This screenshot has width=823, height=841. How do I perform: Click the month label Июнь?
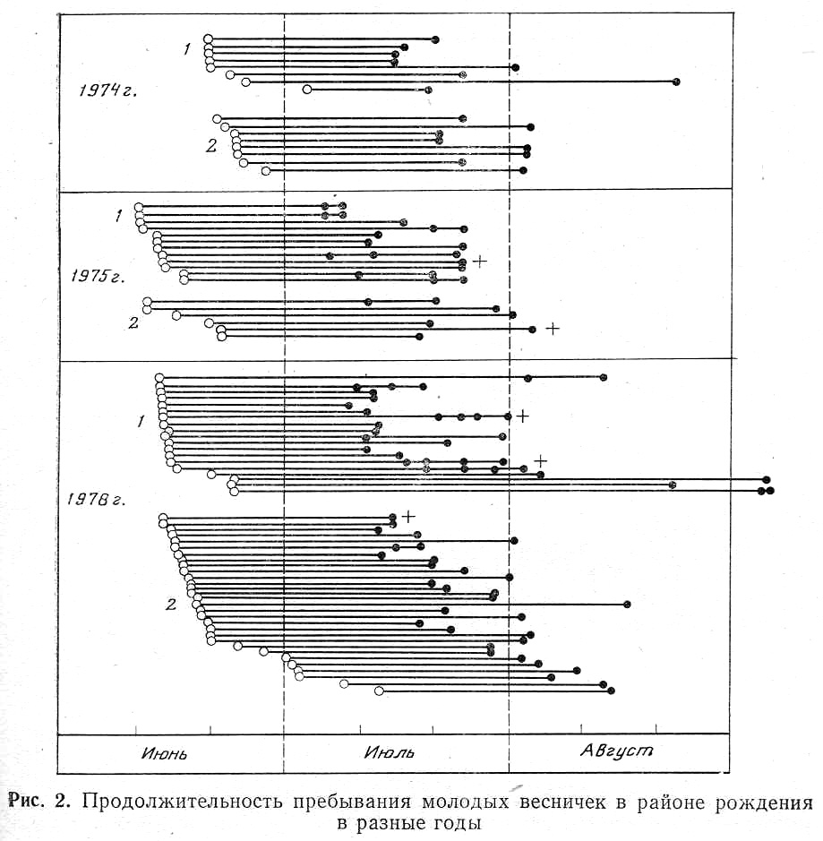pos(164,753)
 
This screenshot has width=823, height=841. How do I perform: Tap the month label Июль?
pos(390,752)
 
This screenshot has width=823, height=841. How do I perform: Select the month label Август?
pos(617,751)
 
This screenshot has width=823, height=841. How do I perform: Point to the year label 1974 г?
pos(107,90)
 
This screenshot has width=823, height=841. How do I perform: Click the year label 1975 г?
pos(98,277)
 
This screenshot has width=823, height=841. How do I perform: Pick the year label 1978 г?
pos(96,500)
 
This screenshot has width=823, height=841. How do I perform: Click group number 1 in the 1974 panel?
pos(186,49)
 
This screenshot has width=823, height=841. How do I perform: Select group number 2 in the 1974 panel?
pos(211,145)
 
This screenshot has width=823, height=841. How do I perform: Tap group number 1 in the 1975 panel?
pos(118,216)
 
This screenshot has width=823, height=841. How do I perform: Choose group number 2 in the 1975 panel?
pos(133,323)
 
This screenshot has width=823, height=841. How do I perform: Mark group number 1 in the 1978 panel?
pos(141,422)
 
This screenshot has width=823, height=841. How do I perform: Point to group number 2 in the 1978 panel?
pos(171,605)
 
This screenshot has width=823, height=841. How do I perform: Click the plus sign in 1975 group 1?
pos(480,262)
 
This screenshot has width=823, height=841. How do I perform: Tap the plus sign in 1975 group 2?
pos(553,328)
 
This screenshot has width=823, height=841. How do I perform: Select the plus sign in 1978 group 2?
pos(408,517)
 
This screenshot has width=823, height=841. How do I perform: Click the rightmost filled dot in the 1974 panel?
pos(677,82)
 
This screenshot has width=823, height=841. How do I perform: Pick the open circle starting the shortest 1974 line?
pos(307,89)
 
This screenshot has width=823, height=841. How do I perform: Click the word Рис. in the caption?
pos(25,802)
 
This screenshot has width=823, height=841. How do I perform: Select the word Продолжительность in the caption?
pos(183,802)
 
